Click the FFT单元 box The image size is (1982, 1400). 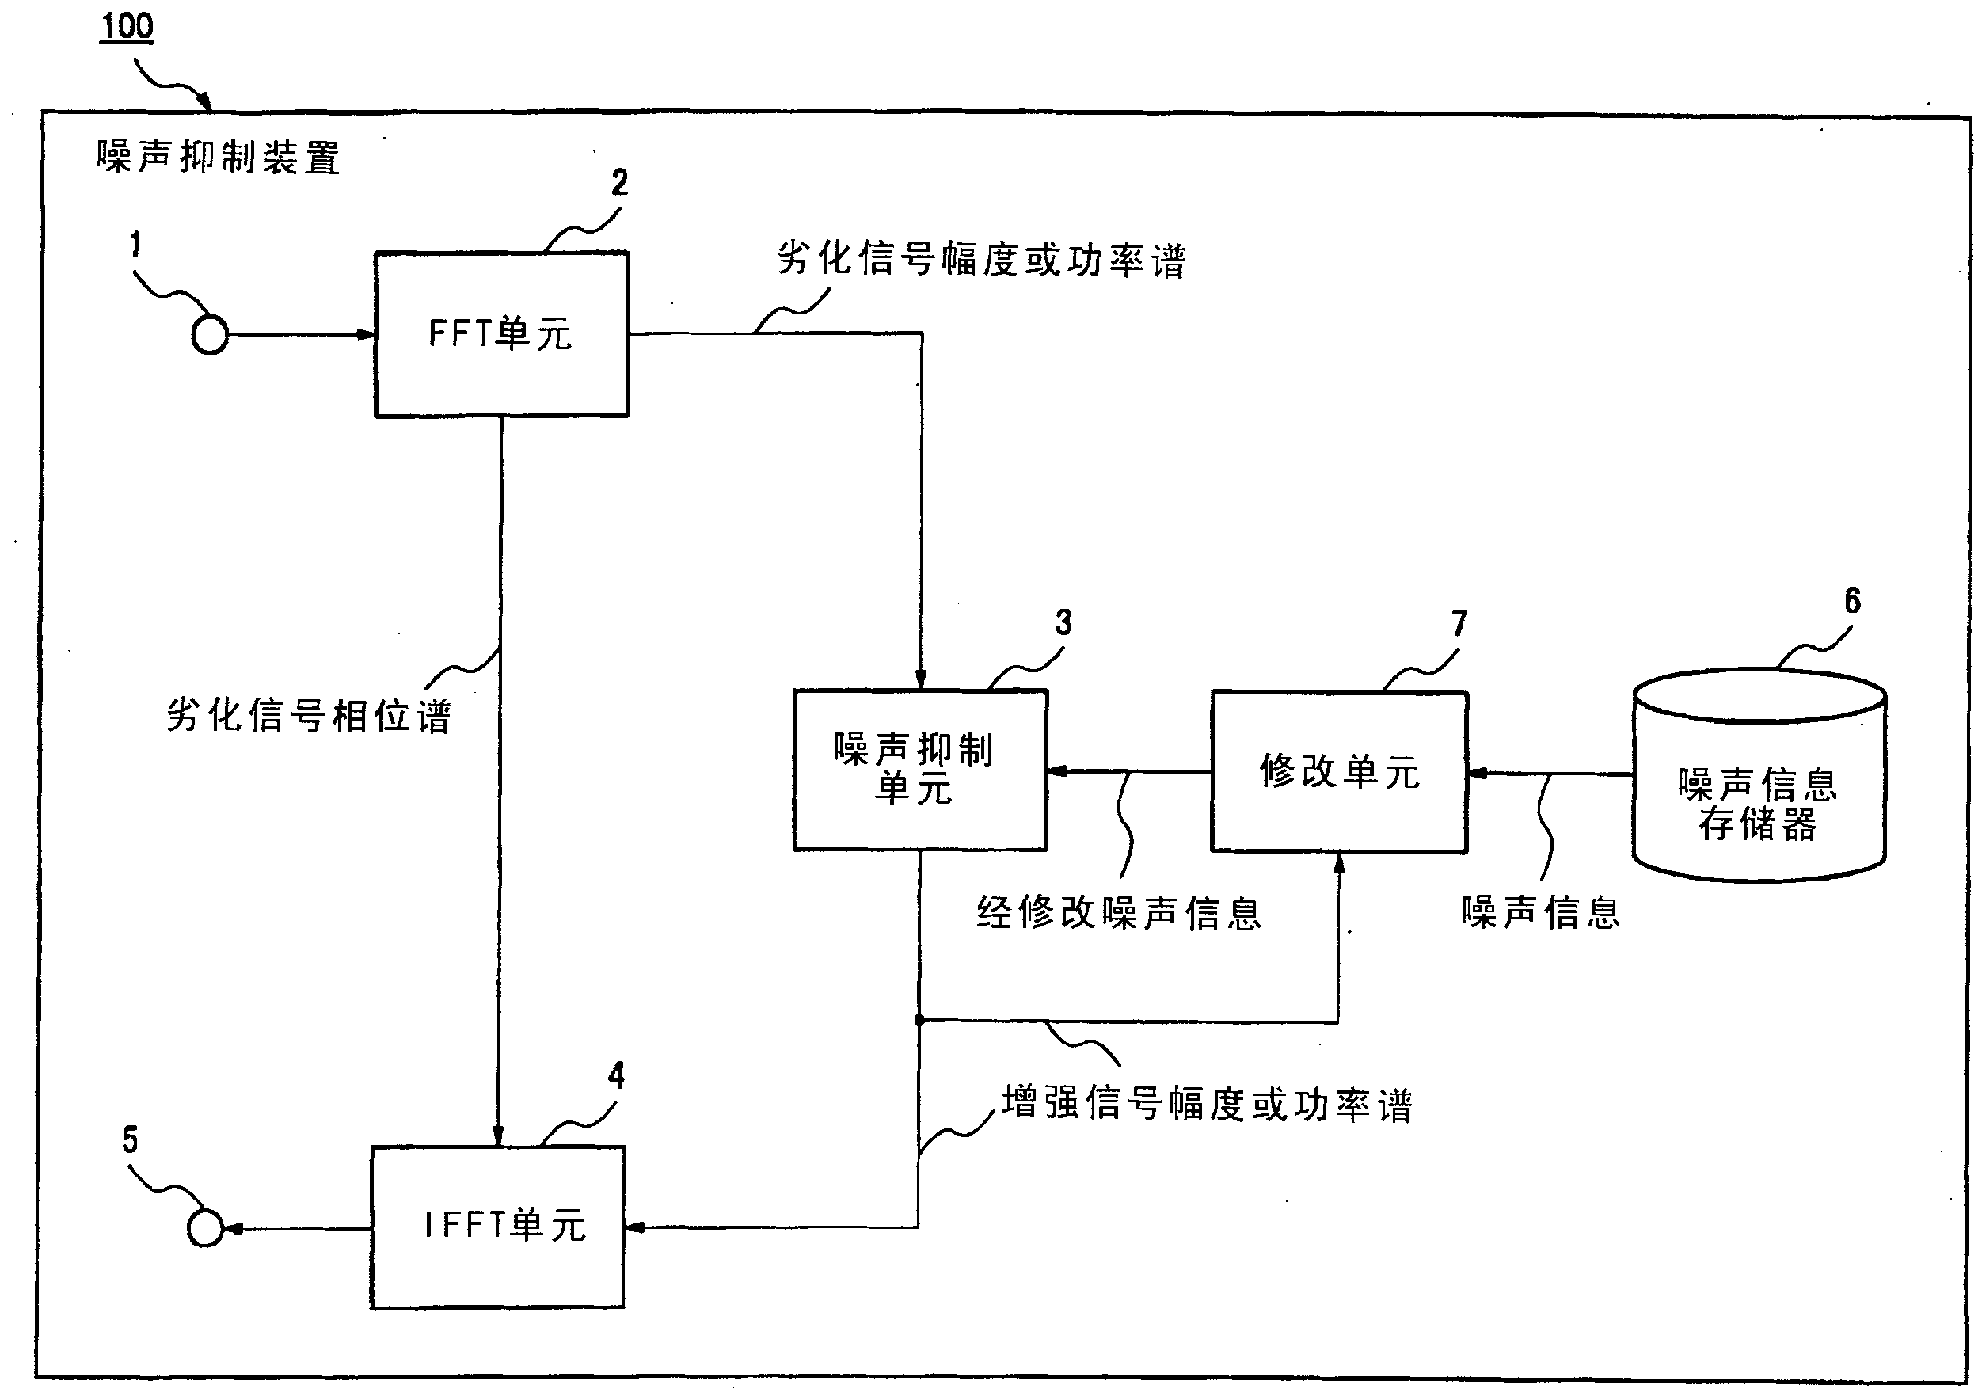click(500, 334)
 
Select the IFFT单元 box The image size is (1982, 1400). click(498, 1227)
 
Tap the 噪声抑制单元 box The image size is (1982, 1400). click(920, 769)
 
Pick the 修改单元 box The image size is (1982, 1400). click(1339, 771)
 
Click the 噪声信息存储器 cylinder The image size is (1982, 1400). click(1759, 786)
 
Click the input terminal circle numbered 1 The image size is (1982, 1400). click(210, 335)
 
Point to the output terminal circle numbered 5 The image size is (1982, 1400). click(205, 1227)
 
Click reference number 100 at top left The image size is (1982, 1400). click(127, 27)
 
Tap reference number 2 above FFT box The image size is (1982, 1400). click(620, 182)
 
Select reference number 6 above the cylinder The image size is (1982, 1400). click(1852, 601)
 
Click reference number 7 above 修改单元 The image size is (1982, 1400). click(1459, 623)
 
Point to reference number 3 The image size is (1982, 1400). click(1063, 622)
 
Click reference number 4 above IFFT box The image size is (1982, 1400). click(616, 1075)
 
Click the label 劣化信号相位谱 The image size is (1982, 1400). click(308, 716)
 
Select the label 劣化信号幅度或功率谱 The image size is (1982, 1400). click(982, 259)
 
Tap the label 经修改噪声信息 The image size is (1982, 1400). click(1119, 913)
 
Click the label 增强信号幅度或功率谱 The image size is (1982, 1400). click(1207, 1105)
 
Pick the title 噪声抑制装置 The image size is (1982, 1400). click(219, 158)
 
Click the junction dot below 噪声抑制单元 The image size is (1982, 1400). click(920, 1020)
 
